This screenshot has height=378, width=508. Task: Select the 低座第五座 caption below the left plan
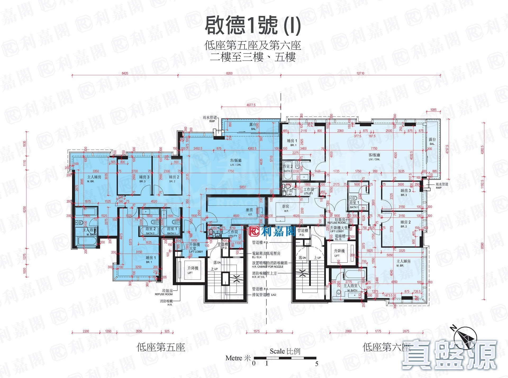click(161, 347)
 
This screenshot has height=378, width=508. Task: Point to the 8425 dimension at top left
click(125, 73)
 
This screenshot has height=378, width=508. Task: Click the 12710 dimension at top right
click(360, 73)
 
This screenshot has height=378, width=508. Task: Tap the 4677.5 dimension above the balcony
click(251, 105)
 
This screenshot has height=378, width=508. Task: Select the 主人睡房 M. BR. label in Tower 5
click(94, 179)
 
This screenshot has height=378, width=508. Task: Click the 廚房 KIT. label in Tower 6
click(285, 208)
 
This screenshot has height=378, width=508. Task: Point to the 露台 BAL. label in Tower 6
click(432, 141)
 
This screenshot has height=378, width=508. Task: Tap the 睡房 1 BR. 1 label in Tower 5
click(149, 259)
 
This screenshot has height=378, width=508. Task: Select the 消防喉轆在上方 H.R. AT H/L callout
click(265, 275)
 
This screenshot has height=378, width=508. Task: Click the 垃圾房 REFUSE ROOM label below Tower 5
click(164, 292)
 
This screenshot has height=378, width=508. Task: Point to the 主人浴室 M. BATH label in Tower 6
click(350, 288)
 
